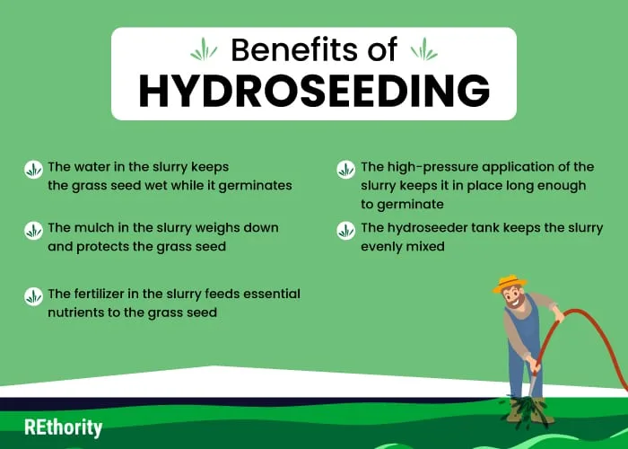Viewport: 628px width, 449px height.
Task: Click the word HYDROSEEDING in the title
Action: tap(314, 90)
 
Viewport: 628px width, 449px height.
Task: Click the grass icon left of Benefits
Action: tap(204, 49)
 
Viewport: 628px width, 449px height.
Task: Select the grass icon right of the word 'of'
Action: tap(424, 49)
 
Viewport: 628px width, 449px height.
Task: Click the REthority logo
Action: tap(64, 427)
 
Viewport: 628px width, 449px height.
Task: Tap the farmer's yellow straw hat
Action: tap(510, 283)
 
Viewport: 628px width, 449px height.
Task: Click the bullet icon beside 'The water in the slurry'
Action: tap(33, 170)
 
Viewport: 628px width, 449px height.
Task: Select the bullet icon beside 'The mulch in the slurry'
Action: tap(33, 231)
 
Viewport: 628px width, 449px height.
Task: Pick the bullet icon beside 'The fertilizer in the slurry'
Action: tap(33, 296)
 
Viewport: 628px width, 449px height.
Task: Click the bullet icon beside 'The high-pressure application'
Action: tap(345, 170)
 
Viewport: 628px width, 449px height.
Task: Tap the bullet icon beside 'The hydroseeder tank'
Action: tap(345, 231)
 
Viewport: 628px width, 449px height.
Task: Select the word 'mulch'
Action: tap(94, 228)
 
